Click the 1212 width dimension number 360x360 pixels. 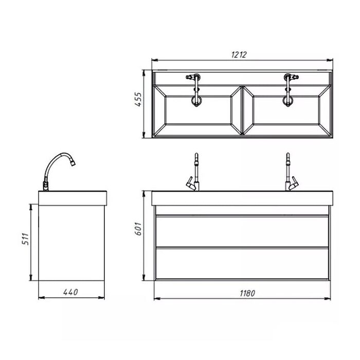(239, 55)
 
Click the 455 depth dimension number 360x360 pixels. (138, 99)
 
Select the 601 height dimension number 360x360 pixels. (138, 228)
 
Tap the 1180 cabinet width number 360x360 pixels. (247, 294)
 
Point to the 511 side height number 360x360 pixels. (26, 239)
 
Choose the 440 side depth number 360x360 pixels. (70, 292)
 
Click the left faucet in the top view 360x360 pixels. (195, 90)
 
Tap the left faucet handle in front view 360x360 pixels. (190, 183)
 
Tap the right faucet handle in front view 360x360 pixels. (294, 183)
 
